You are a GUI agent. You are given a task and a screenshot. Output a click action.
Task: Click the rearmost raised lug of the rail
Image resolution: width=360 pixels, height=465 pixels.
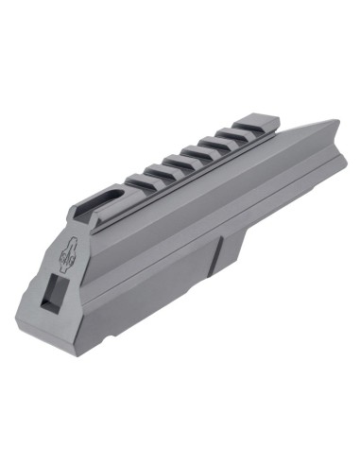254,125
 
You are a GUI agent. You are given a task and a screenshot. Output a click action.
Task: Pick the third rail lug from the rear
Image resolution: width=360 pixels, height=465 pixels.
210,145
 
